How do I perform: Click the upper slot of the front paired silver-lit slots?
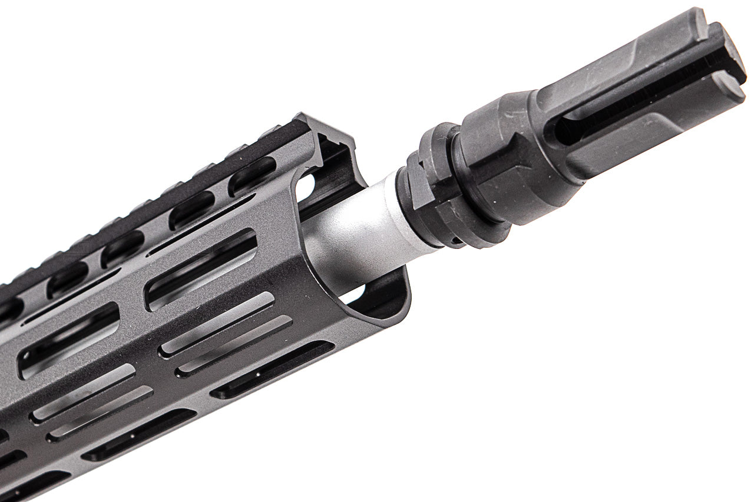tap(218, 324)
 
